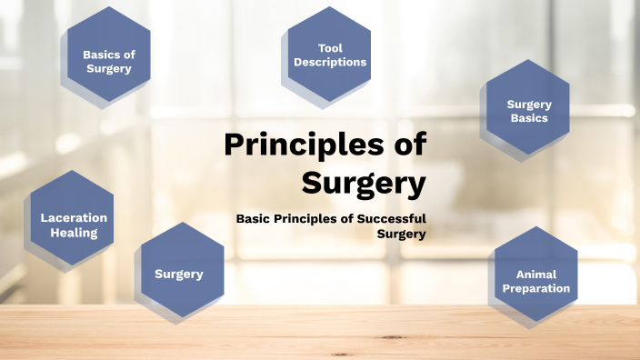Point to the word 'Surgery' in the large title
pyautogui.click(x=364, y=183)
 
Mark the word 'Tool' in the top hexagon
pyautogui.click(x=330, y=48)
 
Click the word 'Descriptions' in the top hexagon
pyautogui.click(x=330, y=63)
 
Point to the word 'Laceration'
pyautogui.click(x=74, y=218)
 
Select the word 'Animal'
pyautogui.click(x=535, y=274)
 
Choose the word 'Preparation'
pyautogui.click(x=535, y=288)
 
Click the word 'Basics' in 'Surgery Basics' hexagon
pyautogui.click(x=529, y=118)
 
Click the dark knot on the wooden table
pyautogui.click(x=394, y=337)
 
